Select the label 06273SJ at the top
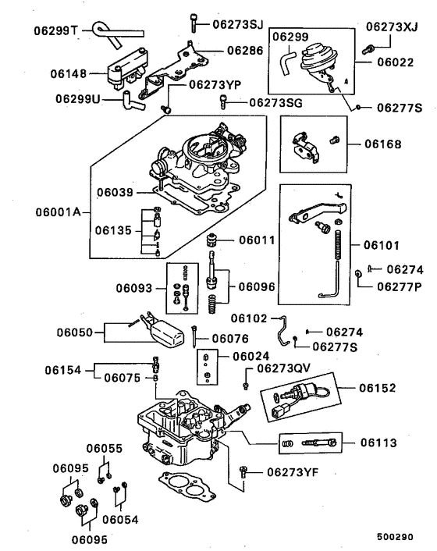pyautogui.click(x=239, y=24)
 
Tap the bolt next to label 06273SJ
pyautogui.click(x=193, y=23)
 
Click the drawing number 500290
pyautogui.click(x=396, y=538)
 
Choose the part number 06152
pyautogui.click(x=378, y=387)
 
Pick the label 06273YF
pyautogui.click(x=293, y=471)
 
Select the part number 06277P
pyautogui.click(x=400, y=286)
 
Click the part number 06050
pyautogui.click(x=75, y=333)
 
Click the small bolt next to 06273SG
pyautogui.click(x=225, y=101)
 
